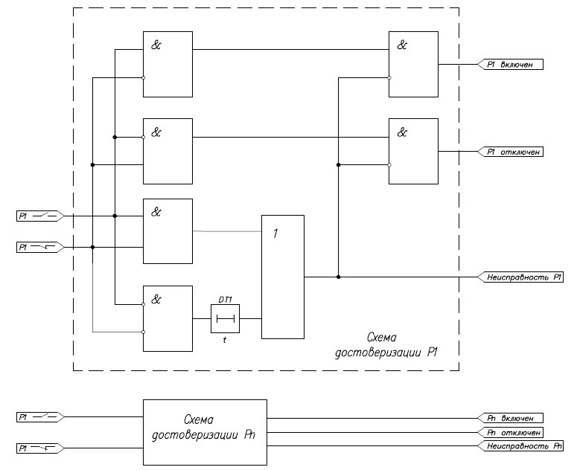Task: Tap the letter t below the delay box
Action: (x=225, y=339)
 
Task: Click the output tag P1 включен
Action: (x=514, y=65)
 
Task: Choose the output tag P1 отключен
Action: (x=514, y=152)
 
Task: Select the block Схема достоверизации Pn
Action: (x=205, y=432)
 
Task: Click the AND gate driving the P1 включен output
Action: (x=413, y=65)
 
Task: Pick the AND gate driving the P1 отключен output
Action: (x=413, y=152)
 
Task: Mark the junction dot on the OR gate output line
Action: (x=339, y=277)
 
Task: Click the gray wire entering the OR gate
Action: (x=227, y=231)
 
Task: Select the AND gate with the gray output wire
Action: (x=168, y=231)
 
